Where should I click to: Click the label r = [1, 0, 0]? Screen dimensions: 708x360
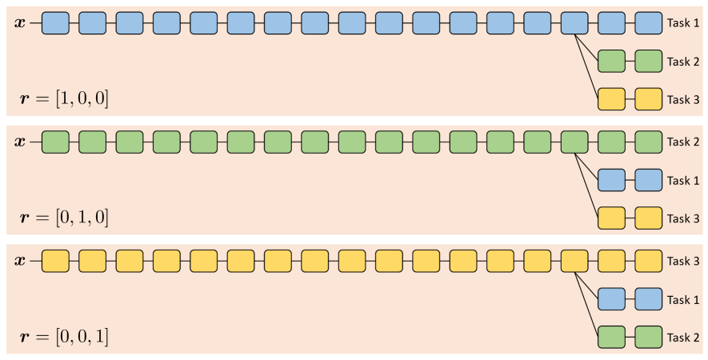pyautogui.click(x=64, y=99)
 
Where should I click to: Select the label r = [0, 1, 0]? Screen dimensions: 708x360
pyautogui.click(x=64, y=218)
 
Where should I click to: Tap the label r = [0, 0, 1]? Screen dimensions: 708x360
pyautogui.click(x=64, y=337)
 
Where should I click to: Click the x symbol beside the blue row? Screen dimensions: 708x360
pyautogui.click(x=20, y=22)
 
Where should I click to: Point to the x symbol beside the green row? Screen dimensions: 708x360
pyautogui.click(x=20, y=142)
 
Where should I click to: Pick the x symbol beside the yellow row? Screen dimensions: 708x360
pyautogui.click(x=20, y=261)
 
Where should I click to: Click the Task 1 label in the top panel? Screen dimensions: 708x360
pyautogui.click(x=684, y=23)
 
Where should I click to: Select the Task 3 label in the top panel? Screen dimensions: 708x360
pyautogui.click(x=684, y=99)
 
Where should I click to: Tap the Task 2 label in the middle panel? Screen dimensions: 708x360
pyautogui.click(x=684, y=142)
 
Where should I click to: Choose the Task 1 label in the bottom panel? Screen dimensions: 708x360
pyautogui.click(x=684, y=300)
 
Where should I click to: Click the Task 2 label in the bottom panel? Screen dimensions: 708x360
pyautogui.click(x=684, y=338)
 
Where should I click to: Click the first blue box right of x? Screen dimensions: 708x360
pyautogui.click(x=55, y=23)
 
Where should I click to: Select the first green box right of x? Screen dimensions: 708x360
pyautogui.click(x=55, y=142)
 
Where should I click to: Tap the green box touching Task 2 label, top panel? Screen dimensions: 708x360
pyautogui.click(x=649, y=61)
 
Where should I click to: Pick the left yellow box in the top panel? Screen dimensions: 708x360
pyautogui.click(x=611, y=99)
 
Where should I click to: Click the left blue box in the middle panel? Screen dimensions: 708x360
pyautogui.click(x=611, y=180)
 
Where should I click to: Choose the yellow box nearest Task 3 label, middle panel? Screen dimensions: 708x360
pyautogui.click(x=649, y=218)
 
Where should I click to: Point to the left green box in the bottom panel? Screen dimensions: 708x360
pyautogui.click(x=611, y=337)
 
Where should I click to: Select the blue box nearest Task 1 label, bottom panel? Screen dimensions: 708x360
pyautogui.click(x=649, y=299)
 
